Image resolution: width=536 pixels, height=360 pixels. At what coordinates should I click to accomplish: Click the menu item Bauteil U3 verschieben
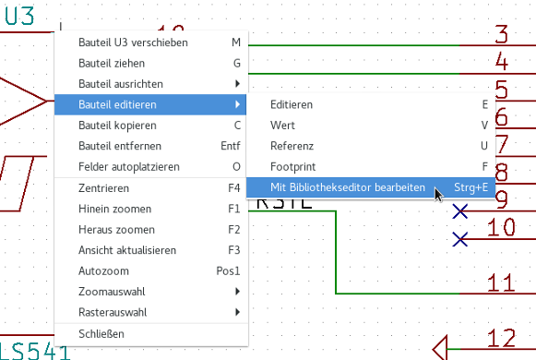point(133,42)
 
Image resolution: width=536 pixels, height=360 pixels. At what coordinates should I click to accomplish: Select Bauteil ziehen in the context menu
point(112,64)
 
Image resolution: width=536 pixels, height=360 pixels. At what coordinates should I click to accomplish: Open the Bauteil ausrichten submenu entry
point(121,84)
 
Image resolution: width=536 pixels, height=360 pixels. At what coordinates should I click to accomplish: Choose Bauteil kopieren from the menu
point(117,126)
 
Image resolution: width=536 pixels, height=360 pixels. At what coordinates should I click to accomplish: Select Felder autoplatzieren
point(129,167)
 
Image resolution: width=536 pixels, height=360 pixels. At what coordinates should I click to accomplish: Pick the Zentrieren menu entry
point(103,188)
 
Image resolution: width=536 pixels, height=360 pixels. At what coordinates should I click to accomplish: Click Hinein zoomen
point(114,209)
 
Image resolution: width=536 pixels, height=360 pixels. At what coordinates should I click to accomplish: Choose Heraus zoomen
point(116,230)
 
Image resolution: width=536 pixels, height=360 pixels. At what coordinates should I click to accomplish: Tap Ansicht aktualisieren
point(127,250)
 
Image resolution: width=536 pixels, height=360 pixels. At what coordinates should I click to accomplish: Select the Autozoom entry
point(103,271)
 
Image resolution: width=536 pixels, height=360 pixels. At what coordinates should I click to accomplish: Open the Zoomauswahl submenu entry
point(112,292)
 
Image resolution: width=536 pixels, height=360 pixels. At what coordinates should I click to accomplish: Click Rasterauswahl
point(113,313)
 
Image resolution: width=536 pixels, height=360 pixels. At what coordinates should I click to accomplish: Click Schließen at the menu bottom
point(101,334)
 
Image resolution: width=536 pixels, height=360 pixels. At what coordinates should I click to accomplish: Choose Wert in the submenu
point(282,126)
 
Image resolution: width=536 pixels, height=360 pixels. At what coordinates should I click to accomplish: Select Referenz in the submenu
point(292,147)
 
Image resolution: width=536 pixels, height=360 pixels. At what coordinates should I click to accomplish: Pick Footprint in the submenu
point(293,167)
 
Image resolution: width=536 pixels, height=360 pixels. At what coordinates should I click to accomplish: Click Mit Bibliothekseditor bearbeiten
point(348,187)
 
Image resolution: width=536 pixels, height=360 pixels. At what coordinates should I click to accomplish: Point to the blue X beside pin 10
point(460,239)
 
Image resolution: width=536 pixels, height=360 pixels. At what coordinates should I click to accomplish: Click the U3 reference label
point(19,17)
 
